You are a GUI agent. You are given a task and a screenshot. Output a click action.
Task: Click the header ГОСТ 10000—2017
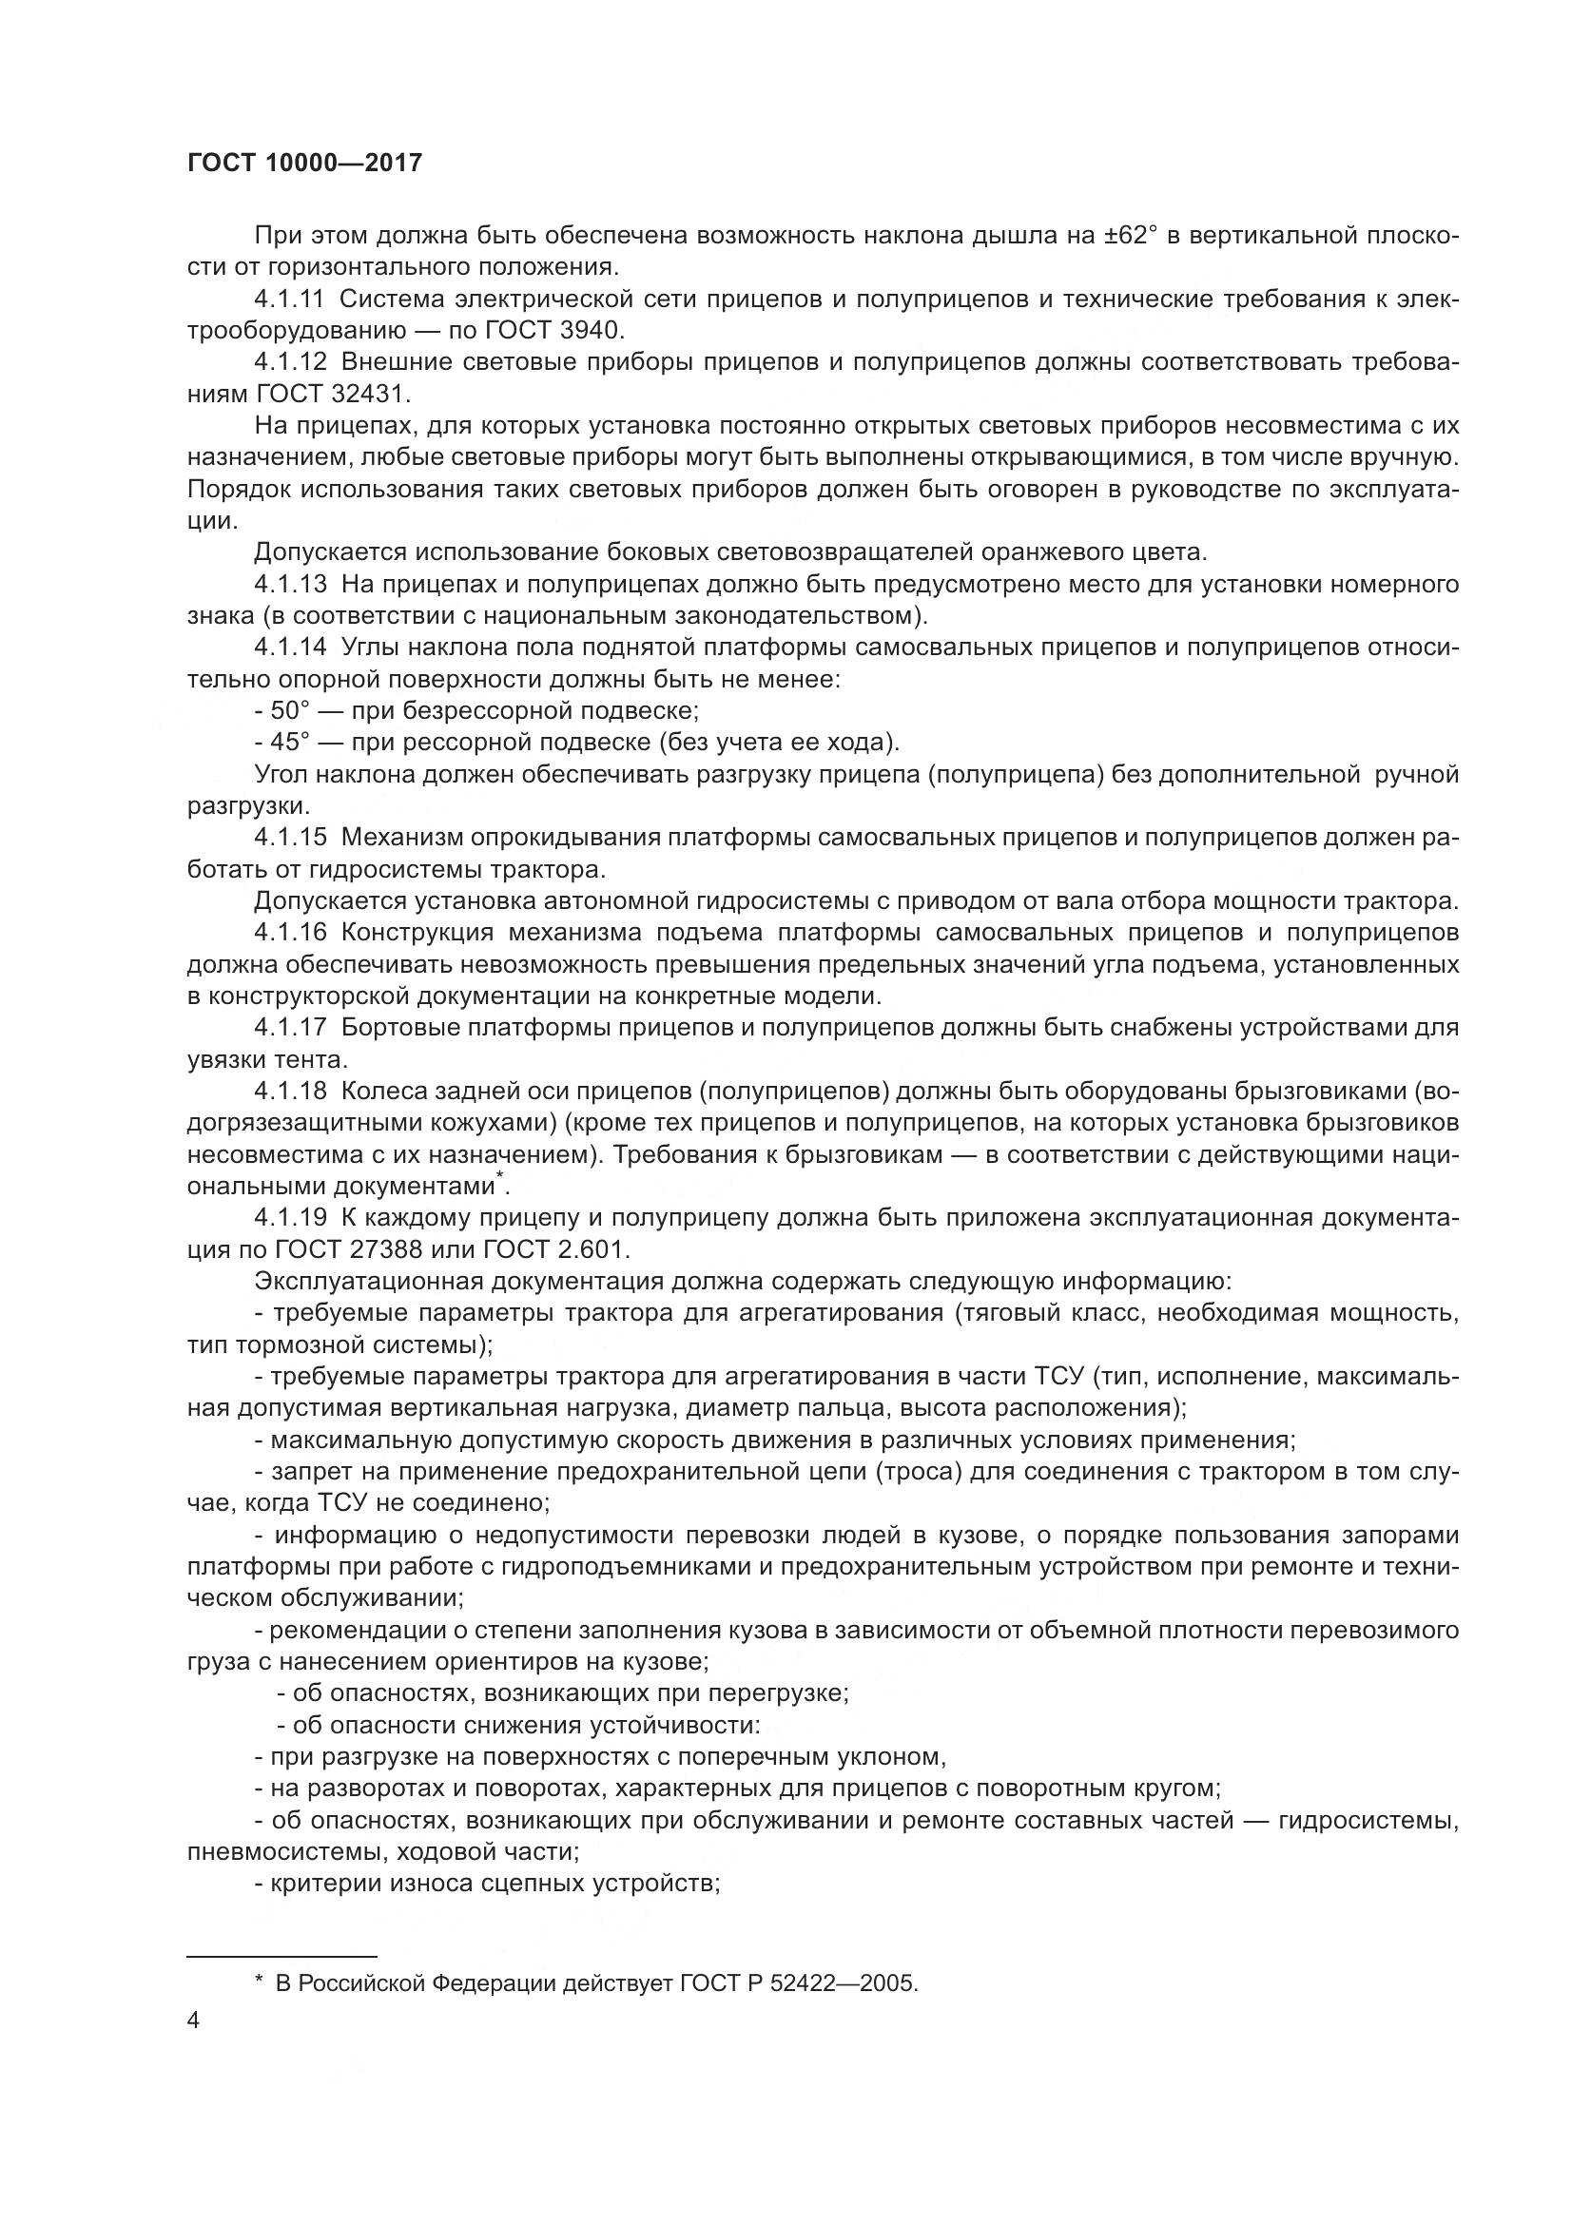304,163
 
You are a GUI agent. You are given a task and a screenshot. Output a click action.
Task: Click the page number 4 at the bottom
194,2021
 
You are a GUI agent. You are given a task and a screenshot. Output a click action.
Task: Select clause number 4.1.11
291,299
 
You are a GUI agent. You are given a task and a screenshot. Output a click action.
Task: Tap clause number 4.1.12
291,362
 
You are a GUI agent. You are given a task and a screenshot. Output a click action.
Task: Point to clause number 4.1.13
291,585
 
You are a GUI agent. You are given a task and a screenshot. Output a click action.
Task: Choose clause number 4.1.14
291,648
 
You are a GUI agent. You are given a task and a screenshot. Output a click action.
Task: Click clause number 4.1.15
291,838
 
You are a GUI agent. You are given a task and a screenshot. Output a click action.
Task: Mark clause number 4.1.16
291,933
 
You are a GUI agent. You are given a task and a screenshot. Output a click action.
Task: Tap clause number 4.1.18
291,1092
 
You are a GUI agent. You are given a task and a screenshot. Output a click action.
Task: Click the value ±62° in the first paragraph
1130,236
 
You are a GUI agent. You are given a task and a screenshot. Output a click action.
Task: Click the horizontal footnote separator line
281,1955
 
